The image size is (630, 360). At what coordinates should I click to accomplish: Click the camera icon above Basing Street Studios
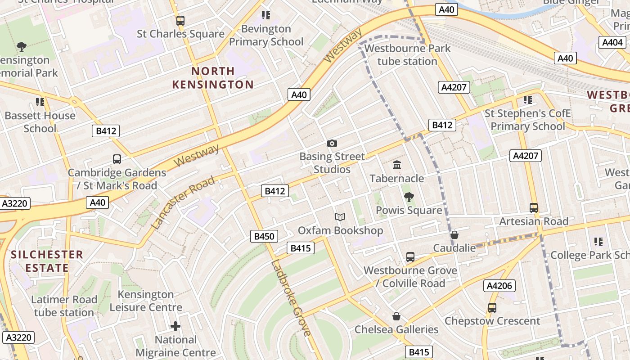(332, 143)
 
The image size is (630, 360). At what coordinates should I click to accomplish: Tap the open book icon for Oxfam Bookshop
(340, 217)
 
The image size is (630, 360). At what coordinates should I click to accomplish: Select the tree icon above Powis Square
(409, 197)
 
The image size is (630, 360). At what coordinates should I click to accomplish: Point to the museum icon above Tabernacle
(397, 165)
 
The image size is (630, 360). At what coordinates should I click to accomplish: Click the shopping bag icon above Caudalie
(454, 235)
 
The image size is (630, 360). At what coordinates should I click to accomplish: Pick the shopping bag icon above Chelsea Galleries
(396, 316)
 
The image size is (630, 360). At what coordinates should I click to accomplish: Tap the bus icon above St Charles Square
(180, 20)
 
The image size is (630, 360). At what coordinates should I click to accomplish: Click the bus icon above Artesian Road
(534, 208)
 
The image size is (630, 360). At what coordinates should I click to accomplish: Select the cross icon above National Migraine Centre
(175, 326)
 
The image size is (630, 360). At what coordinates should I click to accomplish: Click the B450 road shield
(264, 236)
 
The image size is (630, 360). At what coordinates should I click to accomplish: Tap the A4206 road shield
(499, 286)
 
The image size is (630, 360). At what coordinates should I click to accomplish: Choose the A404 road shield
(613, 43)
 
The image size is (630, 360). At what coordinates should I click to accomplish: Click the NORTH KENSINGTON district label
(213, 78)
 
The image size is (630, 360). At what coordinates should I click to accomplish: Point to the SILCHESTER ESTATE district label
(47, 261)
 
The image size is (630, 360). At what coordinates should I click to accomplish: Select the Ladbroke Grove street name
(291, 298)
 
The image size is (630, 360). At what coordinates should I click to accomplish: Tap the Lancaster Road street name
(184, 203)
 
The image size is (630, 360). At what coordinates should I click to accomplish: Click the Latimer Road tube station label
(64, 306)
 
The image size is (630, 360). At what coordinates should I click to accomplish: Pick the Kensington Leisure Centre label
(146, 301)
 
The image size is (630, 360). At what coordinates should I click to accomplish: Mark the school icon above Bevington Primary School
(266, 15)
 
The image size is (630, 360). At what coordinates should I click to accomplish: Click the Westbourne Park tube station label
(407, 54)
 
